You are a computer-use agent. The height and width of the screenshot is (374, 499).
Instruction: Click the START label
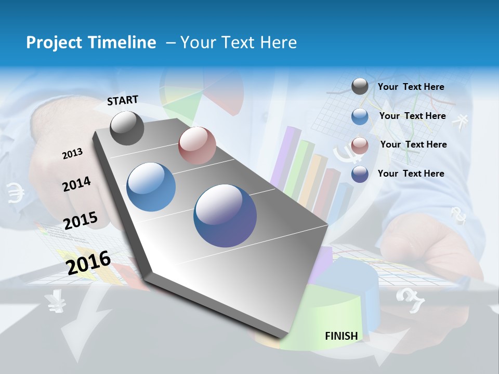(123, 100)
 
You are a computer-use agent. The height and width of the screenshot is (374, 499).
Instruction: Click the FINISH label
(342, 336)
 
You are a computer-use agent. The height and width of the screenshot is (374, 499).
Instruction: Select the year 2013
(72, 153)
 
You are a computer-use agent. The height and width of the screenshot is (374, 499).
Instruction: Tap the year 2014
(76, 184)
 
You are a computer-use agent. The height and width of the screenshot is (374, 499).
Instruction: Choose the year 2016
(88, 262)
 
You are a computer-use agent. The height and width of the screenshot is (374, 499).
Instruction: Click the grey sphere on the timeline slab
(127, 128)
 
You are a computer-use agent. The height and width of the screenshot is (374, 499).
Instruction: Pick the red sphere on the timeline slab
(197, 145)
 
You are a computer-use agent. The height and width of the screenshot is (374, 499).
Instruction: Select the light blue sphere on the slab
(151, 187)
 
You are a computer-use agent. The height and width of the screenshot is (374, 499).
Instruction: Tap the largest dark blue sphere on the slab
(225, 216)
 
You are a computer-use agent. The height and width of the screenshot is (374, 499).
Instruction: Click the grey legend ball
(360, 87)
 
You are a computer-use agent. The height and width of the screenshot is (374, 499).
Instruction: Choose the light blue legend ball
(360, 116)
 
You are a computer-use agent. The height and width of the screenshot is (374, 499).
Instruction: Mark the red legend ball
(360, 145)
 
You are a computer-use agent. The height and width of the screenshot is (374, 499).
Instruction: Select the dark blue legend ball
(360, 174)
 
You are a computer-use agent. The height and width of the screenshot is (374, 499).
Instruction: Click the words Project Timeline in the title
(91, 43)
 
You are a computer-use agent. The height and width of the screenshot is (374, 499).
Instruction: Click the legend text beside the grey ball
(411, 87)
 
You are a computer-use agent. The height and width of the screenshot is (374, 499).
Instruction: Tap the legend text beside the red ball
(413, 144)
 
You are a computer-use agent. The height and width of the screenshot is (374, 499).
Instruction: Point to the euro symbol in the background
(16, 193)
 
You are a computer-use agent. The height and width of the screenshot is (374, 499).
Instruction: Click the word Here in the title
(278, 43)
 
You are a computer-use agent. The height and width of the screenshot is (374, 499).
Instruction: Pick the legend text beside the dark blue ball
(411, 173)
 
